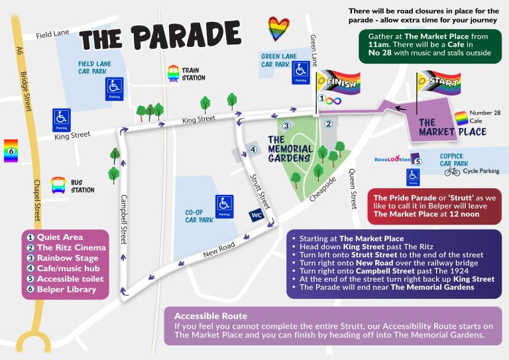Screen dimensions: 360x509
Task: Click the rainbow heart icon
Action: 278,29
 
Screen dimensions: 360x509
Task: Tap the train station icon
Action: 174,72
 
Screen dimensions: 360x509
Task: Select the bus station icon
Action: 58,184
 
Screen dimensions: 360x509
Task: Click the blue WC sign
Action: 256,215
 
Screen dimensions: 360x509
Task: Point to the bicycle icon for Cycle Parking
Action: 452,171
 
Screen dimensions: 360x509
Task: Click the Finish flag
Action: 337,83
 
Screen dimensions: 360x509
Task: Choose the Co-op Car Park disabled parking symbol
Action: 225,206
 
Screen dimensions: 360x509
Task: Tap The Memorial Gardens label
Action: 290,149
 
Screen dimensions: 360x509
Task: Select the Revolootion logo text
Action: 392,159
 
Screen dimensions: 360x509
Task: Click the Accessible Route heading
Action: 211,316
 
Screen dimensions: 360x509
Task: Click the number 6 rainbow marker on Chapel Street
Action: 11,150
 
